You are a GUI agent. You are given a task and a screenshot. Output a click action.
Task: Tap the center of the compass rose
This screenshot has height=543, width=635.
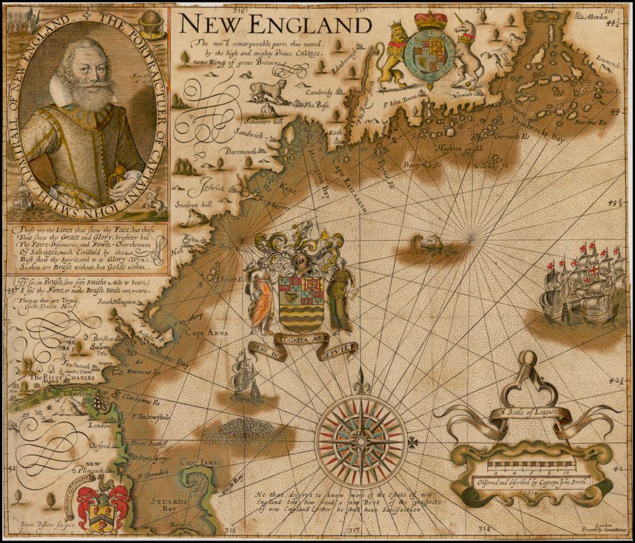pyautogui.click(x=360, y=441)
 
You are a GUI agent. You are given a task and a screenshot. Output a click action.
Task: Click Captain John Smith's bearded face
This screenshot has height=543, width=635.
pyautogui.click(x=87, y=71)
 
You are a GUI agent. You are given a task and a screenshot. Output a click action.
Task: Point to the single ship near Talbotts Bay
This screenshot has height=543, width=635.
pyautogui.click(x=243, y=375)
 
